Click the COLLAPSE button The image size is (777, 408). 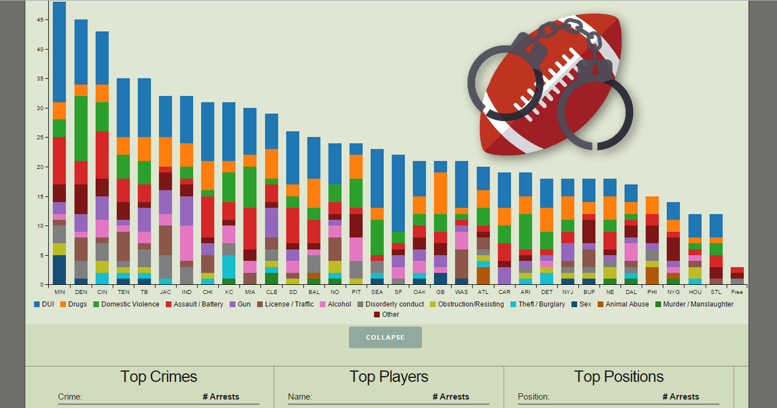click(x=385, y=337)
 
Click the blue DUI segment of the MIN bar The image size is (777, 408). click(x=60, y=52)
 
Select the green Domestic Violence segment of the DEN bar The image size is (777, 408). click(x=81, y=128)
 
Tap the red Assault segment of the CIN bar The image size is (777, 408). click(x=102, y=155)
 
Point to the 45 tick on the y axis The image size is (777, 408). click(x=41, y=20)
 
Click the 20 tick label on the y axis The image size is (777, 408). click(x=41, y=167)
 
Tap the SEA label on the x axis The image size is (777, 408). click(x=377, y=292)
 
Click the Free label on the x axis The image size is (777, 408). click(x=737, y=292)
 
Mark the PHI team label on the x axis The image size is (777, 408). click(x=652, y=292)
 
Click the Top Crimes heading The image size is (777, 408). click(x=159, y=377)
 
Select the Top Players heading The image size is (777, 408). click(x=388, y=377)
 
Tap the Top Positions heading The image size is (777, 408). click(x=618, y=377)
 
